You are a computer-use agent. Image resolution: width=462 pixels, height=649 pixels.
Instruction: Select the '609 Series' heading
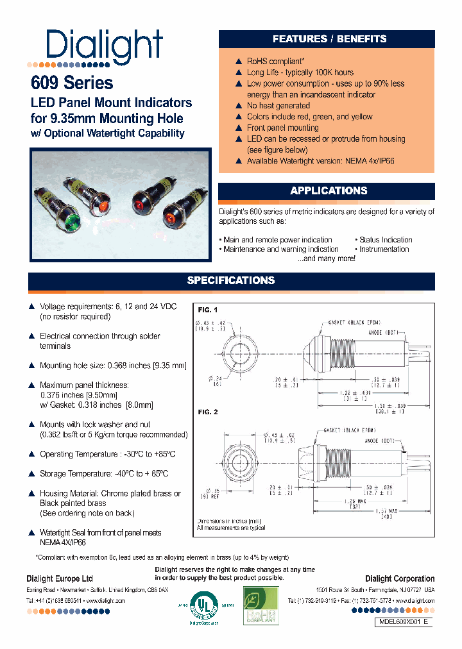pyautogui.click(x=72, y=83)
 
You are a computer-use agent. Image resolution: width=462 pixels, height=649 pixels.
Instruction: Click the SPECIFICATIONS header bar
pyautogui.click(x=231, y=281)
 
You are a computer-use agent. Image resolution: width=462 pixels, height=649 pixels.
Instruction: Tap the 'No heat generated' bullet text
pyautogui.click(x=278, y=106)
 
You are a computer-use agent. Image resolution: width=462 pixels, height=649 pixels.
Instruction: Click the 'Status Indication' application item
pyautogui.click(x=385, y=240)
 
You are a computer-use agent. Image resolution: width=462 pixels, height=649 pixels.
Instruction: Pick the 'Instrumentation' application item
pyautogui.click(x=384, y=249)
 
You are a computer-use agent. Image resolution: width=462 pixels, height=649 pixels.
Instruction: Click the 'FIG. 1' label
pyautogui.click(x=208, y=310)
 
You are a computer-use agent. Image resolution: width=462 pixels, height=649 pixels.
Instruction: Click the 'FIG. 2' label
pyautogui.click(x=208, y=412)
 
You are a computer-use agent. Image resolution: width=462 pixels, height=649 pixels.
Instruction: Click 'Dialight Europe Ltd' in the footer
pyautogui.click(x=60, y=579)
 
